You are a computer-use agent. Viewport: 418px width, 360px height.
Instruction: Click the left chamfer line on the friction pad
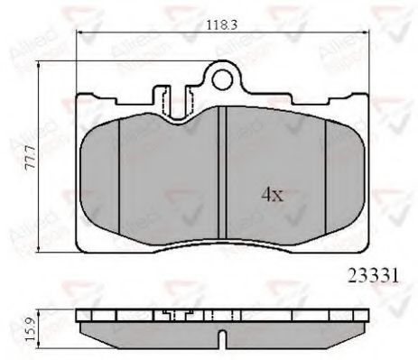(x=120, y=171)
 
